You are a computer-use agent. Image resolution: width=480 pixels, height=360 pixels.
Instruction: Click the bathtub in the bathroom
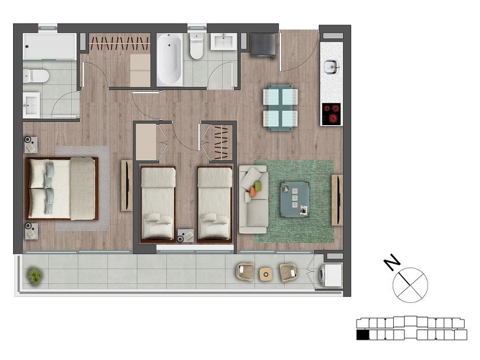pyautogui.click(x=170, y=60)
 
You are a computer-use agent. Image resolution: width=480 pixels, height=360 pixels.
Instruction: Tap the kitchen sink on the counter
pyautogui.click(x=331, y=67)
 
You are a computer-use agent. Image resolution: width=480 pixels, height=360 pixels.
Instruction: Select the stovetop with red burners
pyautogui.click(x=331, y=114)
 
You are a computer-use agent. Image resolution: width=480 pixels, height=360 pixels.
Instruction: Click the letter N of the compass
pyautogui.click(x=392, y=263)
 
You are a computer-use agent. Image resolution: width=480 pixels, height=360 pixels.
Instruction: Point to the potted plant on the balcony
pyautogui.click(x=35, y=277)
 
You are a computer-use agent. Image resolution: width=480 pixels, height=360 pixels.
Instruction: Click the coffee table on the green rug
pyautogui.click(x=295, y=199)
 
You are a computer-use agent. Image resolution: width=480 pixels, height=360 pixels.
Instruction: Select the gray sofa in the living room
pyautogui.click(x=254, y=199)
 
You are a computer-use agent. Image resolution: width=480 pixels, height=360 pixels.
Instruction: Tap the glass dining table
pyautogui.click(x=281, y=108)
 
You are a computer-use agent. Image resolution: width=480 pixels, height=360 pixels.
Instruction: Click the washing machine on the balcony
pyautogui.click(x=331, y=275)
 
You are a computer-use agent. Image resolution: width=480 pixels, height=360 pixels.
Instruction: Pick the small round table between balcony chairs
pyautogui.click(x=266, y=274)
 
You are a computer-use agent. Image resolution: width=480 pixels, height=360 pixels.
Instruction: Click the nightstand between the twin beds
pyautogui.click(x=186, y=235)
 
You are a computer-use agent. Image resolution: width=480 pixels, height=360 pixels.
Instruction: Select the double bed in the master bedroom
pyautogui.click(x=62, y=189)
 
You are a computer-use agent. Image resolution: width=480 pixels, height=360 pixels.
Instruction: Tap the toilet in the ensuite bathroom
pyautogui.click(x=36, y=76)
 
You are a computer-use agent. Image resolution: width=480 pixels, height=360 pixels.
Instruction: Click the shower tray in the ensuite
pyautogui.click(x=50, y=46)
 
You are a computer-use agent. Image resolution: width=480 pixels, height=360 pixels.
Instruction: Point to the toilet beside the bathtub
pyautogui.click(x=196, y=46)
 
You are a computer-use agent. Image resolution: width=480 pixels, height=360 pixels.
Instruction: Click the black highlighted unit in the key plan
pyautogui.click(x=363, y=335)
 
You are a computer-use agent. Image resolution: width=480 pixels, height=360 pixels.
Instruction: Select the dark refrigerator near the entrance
pyautogui.click(x=263, y=45)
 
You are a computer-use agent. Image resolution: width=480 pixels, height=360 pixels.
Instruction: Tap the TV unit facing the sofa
pyautogui.click(x=337, y=200)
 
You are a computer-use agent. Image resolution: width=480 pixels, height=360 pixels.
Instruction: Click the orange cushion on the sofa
pyautogui.click(x=253, y=191)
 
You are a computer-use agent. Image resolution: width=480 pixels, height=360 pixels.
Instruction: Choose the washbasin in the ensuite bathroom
pyautogui.click(x=31, y=105)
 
